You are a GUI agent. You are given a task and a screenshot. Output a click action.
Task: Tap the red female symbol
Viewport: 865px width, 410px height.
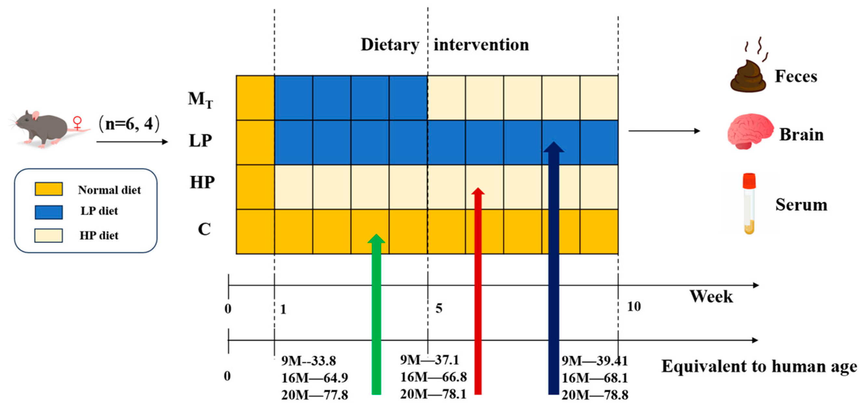pyautogui.click(x=78, y=123)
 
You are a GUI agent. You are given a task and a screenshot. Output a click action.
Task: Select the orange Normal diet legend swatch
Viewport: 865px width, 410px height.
pyautogui.click(x=49, y=189)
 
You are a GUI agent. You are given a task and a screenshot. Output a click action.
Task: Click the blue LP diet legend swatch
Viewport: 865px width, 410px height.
pyautogui.click(x=49, y=212)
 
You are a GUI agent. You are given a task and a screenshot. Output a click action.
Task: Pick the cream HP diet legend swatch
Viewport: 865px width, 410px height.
pyautogui.click(x=49, y=235)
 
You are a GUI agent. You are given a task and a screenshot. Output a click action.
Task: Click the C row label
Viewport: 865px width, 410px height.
pyautogui.click(x=204, y=229)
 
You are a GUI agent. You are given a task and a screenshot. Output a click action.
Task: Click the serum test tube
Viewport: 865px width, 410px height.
pyautogui.click(x=749, y=203)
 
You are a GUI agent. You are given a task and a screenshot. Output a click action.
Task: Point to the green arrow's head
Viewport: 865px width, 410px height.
pyautogui.click(x=377, y=238)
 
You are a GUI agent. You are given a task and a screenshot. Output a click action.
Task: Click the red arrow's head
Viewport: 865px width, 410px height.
pyautogui.click(x=478, y=192)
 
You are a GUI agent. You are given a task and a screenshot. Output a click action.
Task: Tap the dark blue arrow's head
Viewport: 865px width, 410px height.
pyautogui.click(x=554, y=147)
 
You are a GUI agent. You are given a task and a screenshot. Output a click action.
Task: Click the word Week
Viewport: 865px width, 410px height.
pyautogui.click(x=711, y=297)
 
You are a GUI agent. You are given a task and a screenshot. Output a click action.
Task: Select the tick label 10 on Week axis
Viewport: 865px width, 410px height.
pyautogui.click(x=634, y=306)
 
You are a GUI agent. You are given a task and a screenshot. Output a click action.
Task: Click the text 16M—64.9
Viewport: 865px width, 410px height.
pyautogui.click(x=315, y=378)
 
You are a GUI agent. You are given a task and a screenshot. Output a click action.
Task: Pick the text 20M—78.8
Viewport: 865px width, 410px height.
pyautogui.click(x=595, y=395)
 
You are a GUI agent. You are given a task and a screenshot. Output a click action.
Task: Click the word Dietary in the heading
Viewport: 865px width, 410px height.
pyautogui.click(x=390, y=45)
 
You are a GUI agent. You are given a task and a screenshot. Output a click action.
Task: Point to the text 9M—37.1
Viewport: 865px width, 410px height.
pyautogui.click(x=430, y=360)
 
